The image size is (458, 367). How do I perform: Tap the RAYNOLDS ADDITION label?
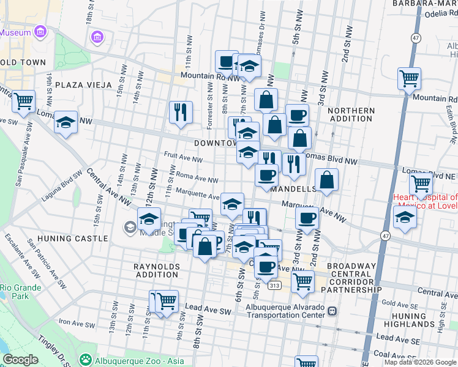point(157,270)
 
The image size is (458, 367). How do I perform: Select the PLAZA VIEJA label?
point(83,84)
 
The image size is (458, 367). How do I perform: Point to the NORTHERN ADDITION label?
point(350,115)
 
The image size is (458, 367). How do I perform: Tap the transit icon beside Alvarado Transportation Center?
point(332,311)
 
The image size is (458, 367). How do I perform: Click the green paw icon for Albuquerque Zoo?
point(86,358)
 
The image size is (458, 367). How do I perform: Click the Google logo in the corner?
point(20,359)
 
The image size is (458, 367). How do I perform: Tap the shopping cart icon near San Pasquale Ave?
point(24,101)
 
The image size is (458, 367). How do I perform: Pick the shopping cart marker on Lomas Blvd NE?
point(421,183)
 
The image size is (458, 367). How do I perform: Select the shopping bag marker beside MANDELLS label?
point(327,180)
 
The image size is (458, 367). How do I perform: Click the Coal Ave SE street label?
point(391,354)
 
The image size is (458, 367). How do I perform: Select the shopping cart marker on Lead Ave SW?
point(165,302)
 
